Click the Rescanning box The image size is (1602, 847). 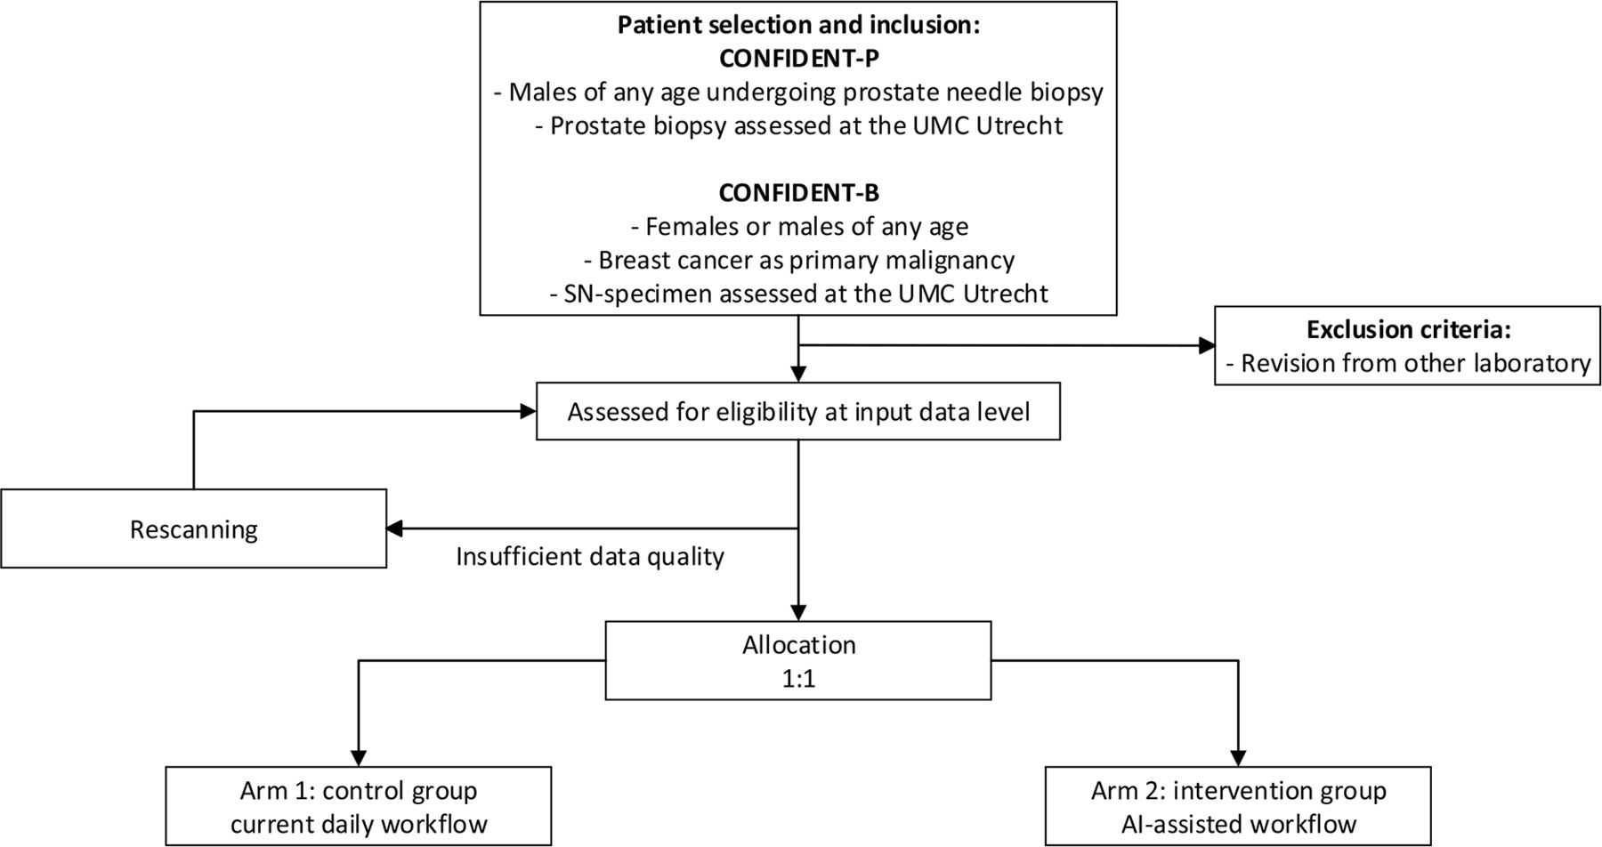[x=194, y=528]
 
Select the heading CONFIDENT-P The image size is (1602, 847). [x=798, y=59]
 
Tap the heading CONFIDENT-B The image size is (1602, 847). [x=798, y=193]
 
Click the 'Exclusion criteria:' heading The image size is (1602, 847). [x=1408, y=329]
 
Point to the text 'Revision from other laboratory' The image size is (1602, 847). [x=1415, y=363]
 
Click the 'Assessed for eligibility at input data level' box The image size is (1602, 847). [x=798, y=411]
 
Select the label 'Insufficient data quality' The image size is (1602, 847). [x=590, y=557]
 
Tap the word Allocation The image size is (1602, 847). [x=798, y=645]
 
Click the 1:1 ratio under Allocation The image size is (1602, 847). [x=798, y=679]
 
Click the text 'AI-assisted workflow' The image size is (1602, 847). [x=1238, y=825]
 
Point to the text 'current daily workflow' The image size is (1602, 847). [x=359, y=825]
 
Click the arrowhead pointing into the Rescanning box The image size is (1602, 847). [x=394, y=528]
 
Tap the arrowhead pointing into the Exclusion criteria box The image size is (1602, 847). [x=1207, y=345]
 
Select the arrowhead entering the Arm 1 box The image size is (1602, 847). [x=359, y=758]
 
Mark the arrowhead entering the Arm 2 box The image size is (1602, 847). [x=1238, y=758]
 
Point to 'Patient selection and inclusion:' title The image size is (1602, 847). [x=798, y=25]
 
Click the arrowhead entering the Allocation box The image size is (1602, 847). [x=798, y=613]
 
